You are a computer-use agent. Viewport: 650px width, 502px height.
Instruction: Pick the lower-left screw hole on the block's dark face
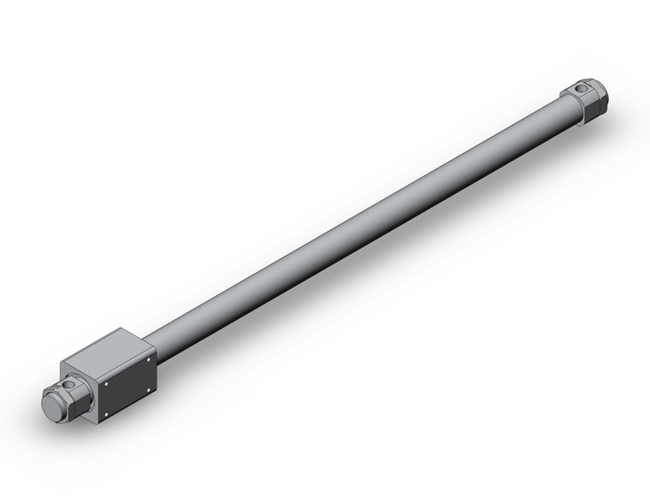[107, 416]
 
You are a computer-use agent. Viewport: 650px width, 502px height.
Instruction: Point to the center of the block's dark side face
[127, 387]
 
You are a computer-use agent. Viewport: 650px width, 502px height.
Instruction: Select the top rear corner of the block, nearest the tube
[152, 346]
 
